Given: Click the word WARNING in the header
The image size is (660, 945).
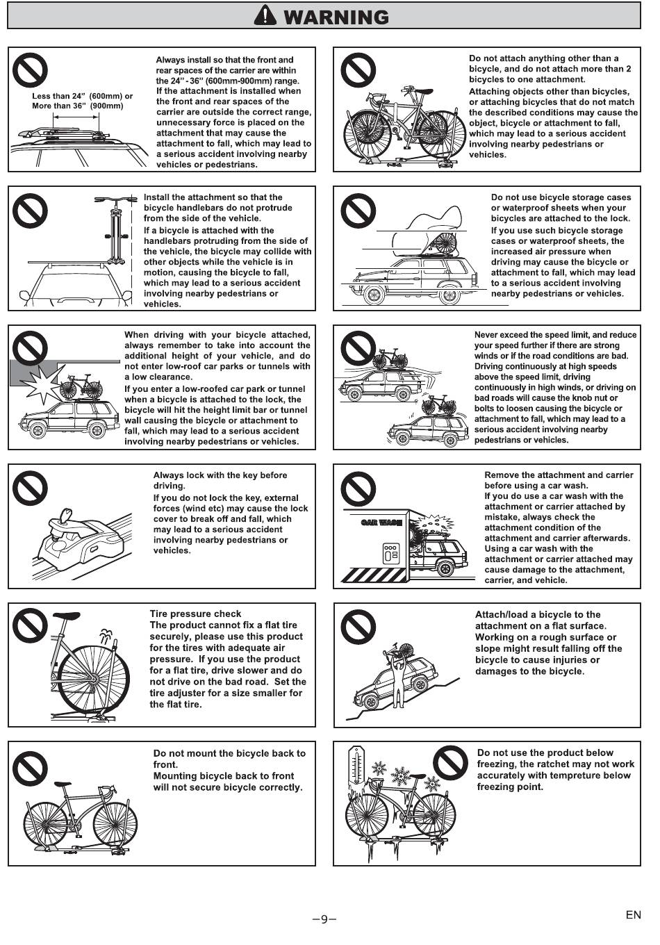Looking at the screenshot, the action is tap(336, 17).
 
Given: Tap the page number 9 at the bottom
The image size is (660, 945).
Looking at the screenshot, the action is tap(324, 919).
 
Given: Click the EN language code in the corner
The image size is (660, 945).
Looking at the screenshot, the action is tap(634, 914).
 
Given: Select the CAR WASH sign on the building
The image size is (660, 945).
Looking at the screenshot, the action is tap(381, 523).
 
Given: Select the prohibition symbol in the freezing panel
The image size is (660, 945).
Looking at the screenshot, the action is tap(450, 763).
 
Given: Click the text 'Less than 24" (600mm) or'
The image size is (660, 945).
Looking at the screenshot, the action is tap(82, 96).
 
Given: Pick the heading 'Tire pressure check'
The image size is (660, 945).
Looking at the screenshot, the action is tap(195, 614).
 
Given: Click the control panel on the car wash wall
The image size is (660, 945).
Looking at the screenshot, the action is tap(390, 554).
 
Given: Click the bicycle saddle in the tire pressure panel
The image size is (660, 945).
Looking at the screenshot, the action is tap(66, 616).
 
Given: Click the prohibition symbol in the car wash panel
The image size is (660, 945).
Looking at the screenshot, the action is tap(358, 489).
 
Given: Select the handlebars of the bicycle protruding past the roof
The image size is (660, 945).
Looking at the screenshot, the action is tap(115, 199).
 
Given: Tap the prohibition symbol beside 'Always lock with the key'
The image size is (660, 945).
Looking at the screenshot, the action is tap(30, 488).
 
